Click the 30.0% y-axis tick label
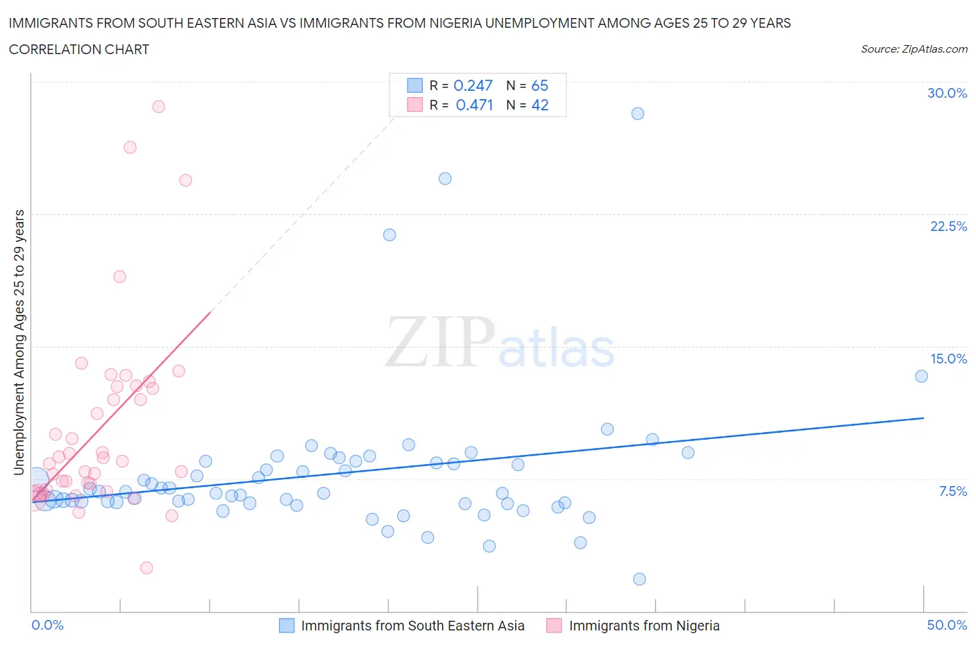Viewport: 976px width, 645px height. click(x=947, y=93)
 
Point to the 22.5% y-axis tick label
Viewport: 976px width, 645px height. click(x=948, y=226)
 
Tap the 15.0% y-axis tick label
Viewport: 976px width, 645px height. click(x=948, y=359)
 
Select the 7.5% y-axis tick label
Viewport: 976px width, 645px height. click(x=952, y=491)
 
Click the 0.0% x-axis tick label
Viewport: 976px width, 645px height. click(x=47, y=625)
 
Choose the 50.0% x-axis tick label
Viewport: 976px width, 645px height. click(x=947, y=625)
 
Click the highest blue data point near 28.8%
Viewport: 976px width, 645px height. click(x=637, y=114)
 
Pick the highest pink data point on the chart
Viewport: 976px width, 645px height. click(x=158, y=107)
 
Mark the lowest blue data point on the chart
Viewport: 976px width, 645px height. click(x=639, y=579)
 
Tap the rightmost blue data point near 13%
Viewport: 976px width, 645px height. click(x=921, y=376)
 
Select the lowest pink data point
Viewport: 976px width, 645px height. click(x=146, y=567)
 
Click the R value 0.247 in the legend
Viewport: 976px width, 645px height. click(x=473, y=85)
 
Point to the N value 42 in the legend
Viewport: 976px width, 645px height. click(x=539, y=105)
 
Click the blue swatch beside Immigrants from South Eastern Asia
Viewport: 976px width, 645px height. click(x=287, y=626)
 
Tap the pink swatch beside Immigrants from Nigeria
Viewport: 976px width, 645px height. click(x=554, y=626)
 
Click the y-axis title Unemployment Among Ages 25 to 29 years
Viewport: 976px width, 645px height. click(x=19, y=342)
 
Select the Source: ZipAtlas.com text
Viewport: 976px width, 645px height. click(x=914, y=49)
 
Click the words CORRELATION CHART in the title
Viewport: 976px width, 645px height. click(x=79, y=49)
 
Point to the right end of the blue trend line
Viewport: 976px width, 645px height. click(x=923, y=418)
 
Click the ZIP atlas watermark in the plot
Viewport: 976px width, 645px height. click(x=500, y=342)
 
